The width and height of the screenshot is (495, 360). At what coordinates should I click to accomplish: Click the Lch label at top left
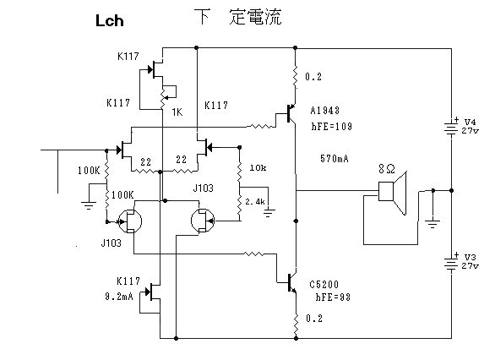109,21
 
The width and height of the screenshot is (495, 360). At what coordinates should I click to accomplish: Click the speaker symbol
393,193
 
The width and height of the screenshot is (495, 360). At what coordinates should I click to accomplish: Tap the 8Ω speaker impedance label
387,169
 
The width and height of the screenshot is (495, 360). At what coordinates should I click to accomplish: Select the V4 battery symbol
451,128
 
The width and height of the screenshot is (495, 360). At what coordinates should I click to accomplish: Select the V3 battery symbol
451,263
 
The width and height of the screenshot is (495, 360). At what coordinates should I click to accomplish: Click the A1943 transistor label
325,111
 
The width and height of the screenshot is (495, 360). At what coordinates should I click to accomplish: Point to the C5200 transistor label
324,285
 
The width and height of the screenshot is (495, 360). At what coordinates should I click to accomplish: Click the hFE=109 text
331,126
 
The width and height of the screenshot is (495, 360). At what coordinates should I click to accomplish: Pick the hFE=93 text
333,297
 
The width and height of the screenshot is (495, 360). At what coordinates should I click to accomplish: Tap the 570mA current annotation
335,159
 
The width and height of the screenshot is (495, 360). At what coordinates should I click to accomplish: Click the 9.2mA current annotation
119,297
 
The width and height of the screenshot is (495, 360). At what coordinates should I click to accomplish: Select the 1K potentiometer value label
177,112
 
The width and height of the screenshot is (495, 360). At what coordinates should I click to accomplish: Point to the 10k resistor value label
258,167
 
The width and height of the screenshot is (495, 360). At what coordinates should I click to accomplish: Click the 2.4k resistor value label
255,201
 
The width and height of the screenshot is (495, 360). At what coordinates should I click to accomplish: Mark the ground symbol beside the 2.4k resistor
269,212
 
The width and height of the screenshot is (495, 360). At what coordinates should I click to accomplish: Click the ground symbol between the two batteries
432,224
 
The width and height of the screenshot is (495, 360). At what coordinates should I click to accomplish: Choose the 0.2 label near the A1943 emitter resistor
313,77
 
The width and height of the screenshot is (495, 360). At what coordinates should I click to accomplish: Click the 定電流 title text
255,17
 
